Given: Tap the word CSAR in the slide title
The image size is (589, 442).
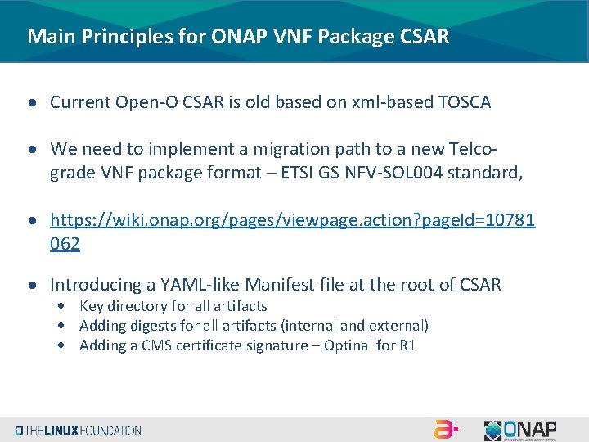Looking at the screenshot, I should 425,37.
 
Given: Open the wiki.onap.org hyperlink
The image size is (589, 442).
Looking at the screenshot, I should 292,220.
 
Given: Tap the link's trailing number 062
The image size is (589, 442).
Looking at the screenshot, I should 65,243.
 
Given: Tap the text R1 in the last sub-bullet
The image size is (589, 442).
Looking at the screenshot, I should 407,345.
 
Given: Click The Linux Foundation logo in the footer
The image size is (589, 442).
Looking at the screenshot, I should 78,431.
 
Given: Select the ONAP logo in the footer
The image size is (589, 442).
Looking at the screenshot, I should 520,430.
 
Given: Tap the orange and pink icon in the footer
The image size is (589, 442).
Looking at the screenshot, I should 446,430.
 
